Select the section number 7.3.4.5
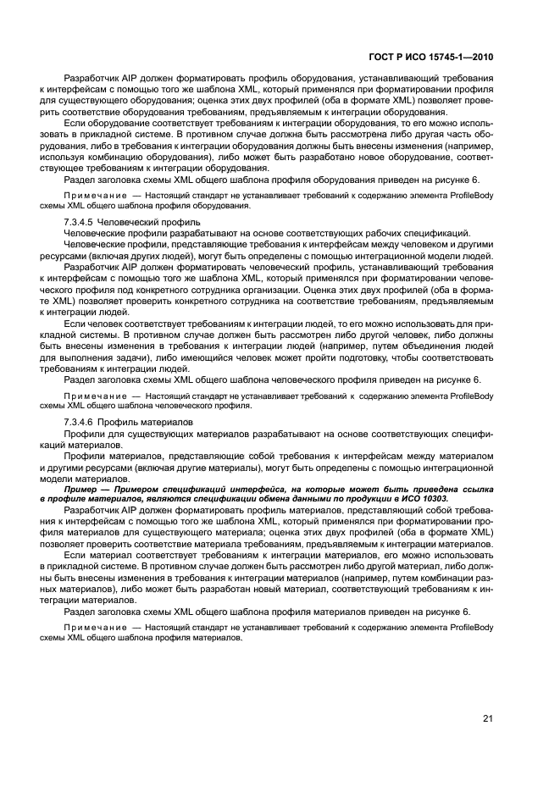(x=80, y=221)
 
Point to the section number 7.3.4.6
(x=80, y=422)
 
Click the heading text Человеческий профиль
(x=142, y=221)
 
